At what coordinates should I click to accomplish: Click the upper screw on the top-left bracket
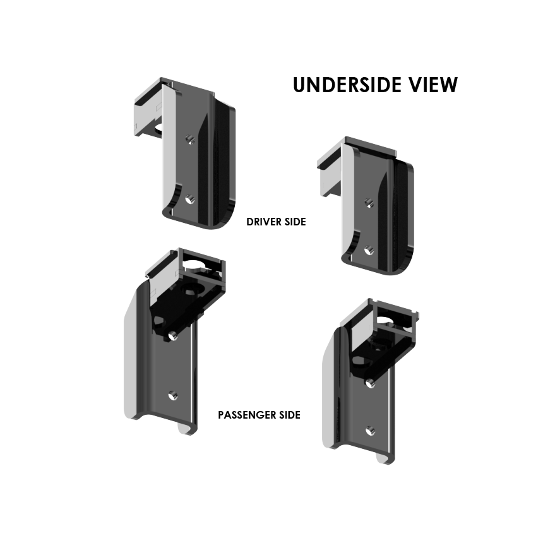point(189,138)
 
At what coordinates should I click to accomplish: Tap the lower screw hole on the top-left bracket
point(190,199)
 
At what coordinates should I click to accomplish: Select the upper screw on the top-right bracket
point(369,202)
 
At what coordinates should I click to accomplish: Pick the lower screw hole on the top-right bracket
point(368,250)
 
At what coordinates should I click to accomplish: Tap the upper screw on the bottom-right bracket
point(371,382)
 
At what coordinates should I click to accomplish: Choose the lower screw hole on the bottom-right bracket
point(371,431)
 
